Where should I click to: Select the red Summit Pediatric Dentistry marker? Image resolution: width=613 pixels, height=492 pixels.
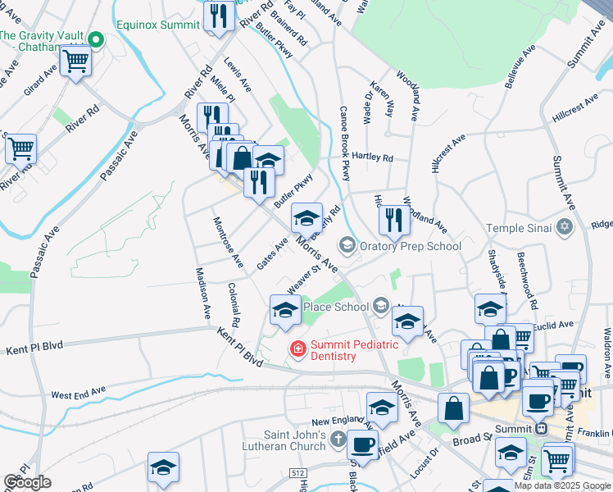[x=297, y=350]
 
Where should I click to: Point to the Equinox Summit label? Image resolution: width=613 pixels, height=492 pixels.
[x=157, y=25]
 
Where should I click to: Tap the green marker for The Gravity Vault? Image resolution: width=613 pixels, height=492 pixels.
[x=96, y=39]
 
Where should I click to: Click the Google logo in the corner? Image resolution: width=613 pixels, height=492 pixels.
[x=27, y=482]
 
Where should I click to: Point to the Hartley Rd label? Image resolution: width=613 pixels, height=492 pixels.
[x=374, y=157]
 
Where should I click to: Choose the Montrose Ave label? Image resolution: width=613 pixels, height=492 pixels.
[x=228, y=243]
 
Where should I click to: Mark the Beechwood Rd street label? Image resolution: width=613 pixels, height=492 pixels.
[x=527, y=280]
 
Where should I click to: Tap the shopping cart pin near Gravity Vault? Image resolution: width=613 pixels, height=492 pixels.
[x=76, y=61]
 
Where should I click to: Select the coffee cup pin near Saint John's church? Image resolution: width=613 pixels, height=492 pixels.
[x=361, y=446]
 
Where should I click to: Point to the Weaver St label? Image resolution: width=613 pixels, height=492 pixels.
[x=303, y=280]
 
